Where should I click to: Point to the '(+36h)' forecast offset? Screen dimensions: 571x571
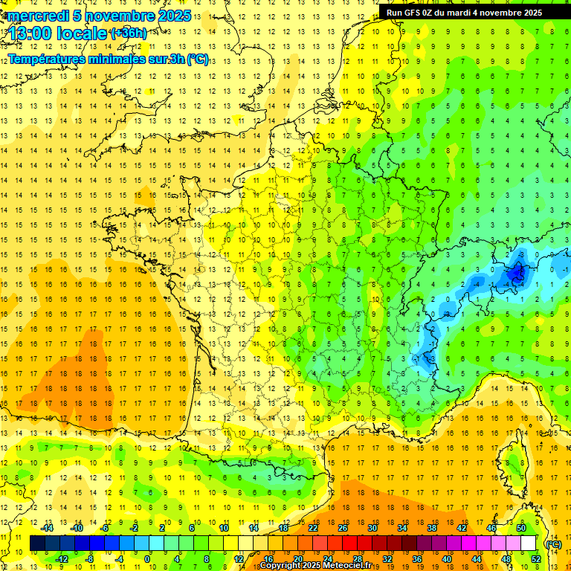click(128, 33)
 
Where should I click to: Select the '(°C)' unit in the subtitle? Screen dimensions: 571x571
click(197, 59)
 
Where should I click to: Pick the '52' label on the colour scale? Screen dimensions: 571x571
click(535, 558)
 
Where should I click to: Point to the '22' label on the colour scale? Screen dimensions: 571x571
click(313, 528)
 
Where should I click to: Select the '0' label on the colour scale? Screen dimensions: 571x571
click(146, 558)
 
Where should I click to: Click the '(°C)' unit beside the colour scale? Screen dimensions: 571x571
click(553, 544)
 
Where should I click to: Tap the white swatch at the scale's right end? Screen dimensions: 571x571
click(528, 543)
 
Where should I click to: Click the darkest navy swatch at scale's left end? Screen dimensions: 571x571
click(37, 543)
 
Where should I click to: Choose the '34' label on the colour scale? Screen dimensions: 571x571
click(401, 528)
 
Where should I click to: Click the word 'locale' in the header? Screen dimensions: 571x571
click(83, 33)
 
